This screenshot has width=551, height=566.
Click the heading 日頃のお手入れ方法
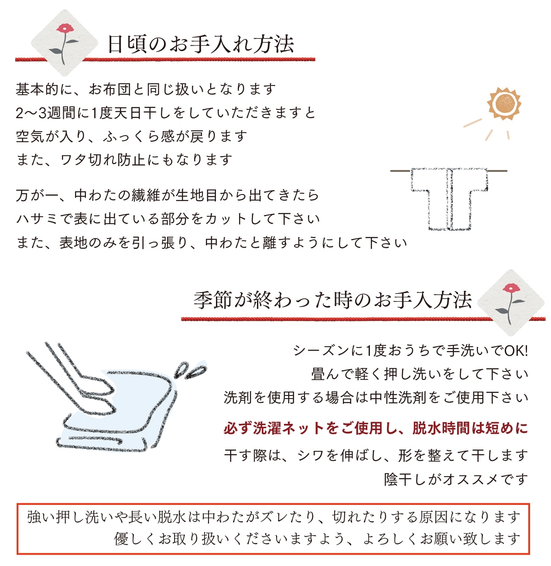pos(201,44)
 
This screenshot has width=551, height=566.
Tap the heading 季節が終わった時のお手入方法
pos(332,300)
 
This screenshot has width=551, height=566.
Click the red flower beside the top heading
pos(65,30)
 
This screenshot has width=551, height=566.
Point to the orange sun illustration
pos(504,104)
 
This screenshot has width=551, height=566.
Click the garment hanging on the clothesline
pos(449,198)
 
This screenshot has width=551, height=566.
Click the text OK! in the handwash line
pos(516,351)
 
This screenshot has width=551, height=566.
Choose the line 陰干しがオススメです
pos(456,479)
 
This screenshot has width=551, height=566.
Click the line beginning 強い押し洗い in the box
pos(274,517)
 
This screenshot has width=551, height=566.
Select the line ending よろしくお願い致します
pos(318,539)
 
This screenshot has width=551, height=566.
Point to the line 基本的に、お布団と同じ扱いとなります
pos(146,89)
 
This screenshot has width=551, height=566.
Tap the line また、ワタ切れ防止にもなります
pos(124,160)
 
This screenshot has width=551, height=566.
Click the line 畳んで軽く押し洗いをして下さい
pos(420,374)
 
